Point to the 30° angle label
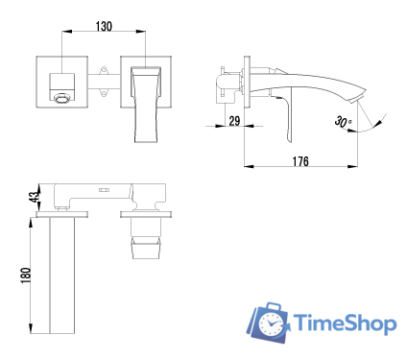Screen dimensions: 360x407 [344, 122]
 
